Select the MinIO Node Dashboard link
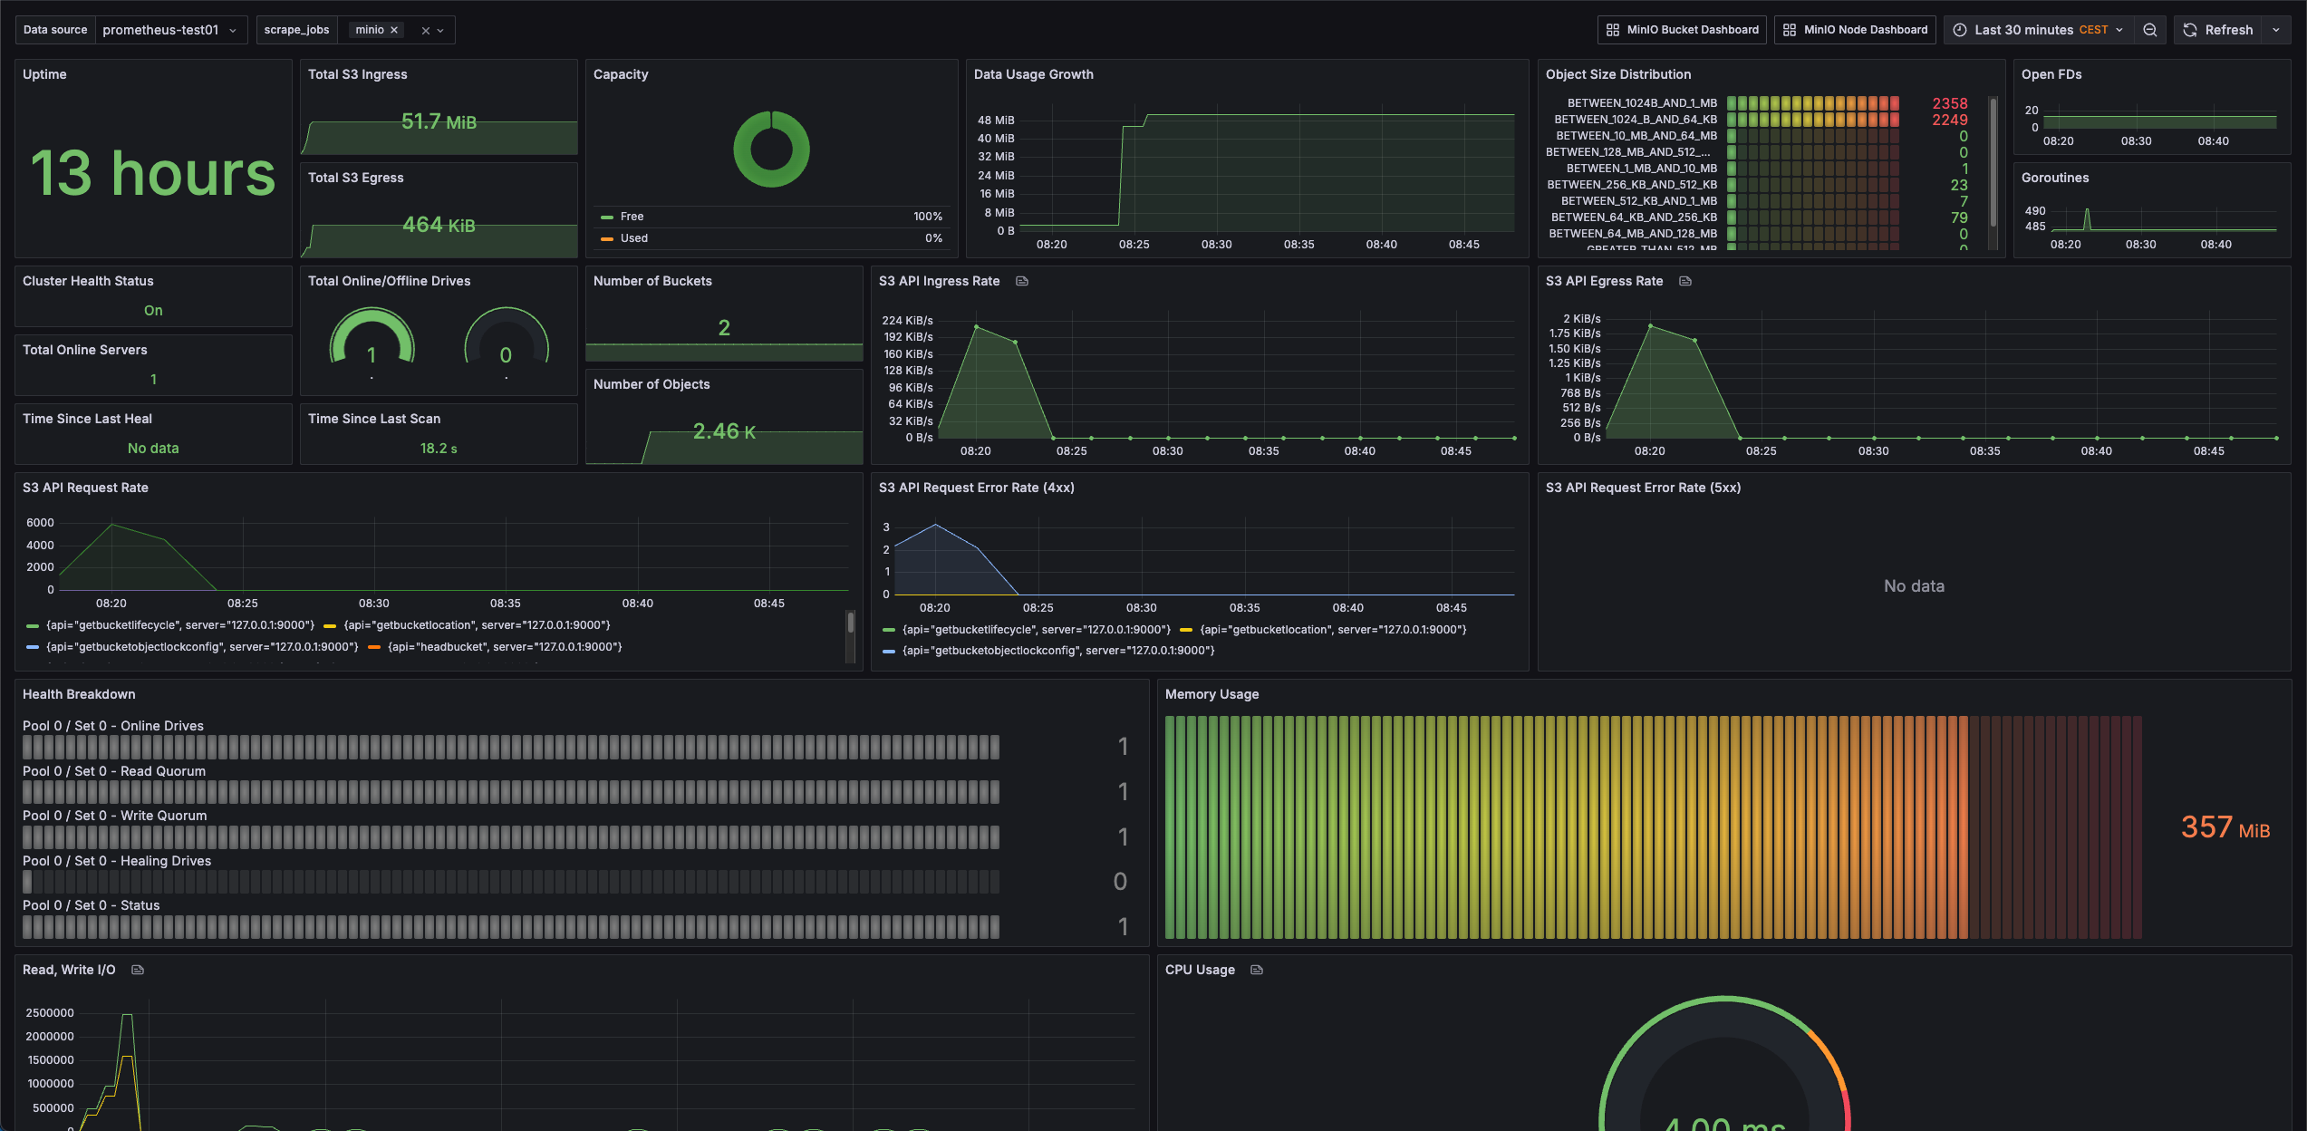click(x=1855, y=30)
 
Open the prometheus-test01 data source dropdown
click(x=169, y=30)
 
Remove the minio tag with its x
click(x=394, y=30)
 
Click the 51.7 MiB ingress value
click(x=439, y=121)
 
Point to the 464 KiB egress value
click(x=439, y=225)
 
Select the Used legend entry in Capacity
click(x=633, y=238)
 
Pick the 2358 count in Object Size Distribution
click(x=1949, y=103)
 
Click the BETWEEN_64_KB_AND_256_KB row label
click(x=1633, y=217)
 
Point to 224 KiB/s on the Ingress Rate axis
click(x=907, y=321)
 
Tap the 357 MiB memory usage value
click(x=2225, y=827)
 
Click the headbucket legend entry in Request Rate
click(x=504, y=647)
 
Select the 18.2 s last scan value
click(x=439, y=449)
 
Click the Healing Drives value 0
click(x=1120, y=882)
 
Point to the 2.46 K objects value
click(x=724, y=431)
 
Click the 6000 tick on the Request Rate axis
click(x=40, y=523)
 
